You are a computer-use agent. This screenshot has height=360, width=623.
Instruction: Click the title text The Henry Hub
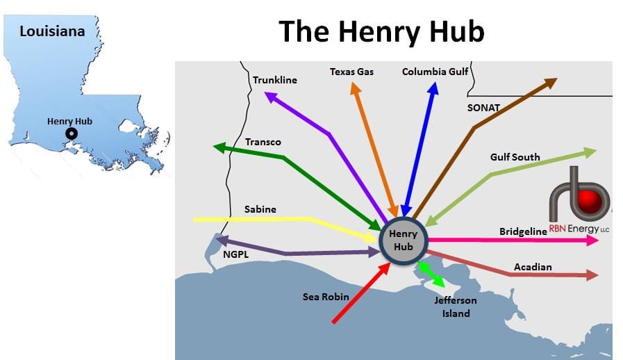click(381, 32)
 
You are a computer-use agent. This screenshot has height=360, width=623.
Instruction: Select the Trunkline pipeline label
click(274, 80)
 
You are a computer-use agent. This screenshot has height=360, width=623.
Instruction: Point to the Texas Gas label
click(351, 72)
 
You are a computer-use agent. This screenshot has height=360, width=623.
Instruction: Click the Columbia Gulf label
click(435, 72)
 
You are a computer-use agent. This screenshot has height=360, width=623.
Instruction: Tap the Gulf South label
click(515, 157)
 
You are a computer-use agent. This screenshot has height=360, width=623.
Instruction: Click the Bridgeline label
click(523, 231)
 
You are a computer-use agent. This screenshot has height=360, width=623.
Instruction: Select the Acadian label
click(533, 267)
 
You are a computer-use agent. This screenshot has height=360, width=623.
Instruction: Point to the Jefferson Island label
click(456, 306)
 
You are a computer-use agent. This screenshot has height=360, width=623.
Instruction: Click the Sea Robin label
click(326, 297)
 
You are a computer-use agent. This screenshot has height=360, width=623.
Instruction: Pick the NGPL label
click(235, 255)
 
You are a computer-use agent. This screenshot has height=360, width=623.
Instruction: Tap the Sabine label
click(260, 209)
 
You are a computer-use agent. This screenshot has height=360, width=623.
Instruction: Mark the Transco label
click(263, 142)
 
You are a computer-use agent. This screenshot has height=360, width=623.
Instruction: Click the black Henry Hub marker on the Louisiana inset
click(70, 134)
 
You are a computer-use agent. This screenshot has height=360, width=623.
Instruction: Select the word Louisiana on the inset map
click(52, 31)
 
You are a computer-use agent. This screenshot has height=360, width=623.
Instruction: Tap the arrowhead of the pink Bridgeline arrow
click(592, 240)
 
